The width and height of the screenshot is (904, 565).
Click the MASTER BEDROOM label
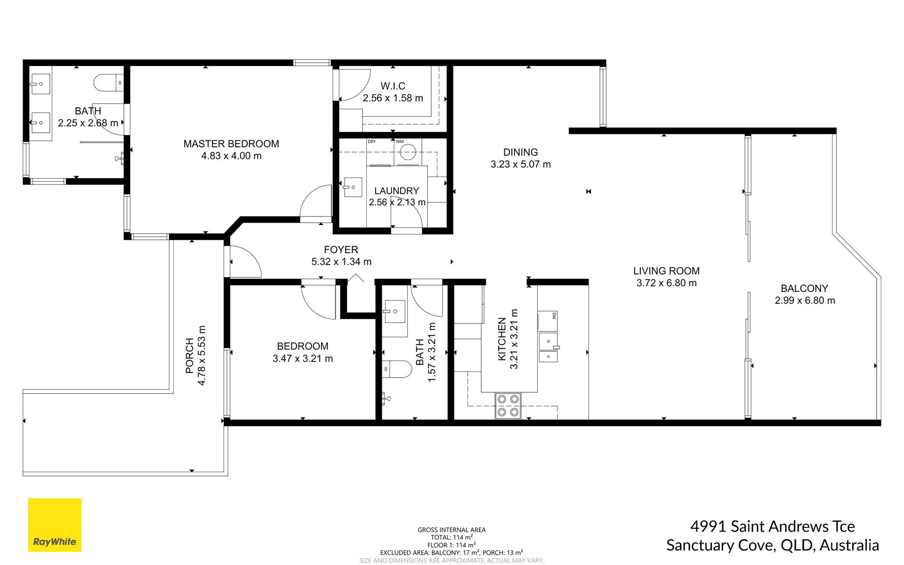pos(231,144)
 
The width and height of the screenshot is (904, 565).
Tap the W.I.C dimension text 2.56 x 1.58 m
pos(393,98)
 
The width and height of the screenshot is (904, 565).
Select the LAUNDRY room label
pos(396,191)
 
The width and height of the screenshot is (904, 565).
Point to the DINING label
pos(520,152)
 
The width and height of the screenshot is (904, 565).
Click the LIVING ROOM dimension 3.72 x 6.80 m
pos(666,283)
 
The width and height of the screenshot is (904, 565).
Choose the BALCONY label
pos(804,288)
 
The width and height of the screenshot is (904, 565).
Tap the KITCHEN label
pos(502,339)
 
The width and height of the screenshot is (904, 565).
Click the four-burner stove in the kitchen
pos(508,406)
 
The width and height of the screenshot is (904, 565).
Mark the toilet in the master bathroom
pos(109,83)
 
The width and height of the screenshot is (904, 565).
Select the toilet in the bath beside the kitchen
pos(396,369)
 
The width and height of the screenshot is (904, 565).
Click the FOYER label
pos(341,250)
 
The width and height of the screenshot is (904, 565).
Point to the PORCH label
pos(190,355)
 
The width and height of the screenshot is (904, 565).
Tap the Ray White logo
pos(55,525)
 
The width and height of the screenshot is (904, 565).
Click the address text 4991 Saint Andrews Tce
pos(772,526)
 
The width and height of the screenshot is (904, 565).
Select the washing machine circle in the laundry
pos(407,152)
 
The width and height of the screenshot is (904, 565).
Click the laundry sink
pos(353,187)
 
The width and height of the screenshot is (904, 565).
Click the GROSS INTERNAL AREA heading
pos(452,530)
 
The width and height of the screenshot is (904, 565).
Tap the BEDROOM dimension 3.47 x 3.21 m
pos(303,358)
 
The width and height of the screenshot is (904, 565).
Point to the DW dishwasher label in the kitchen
pos(554,315)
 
